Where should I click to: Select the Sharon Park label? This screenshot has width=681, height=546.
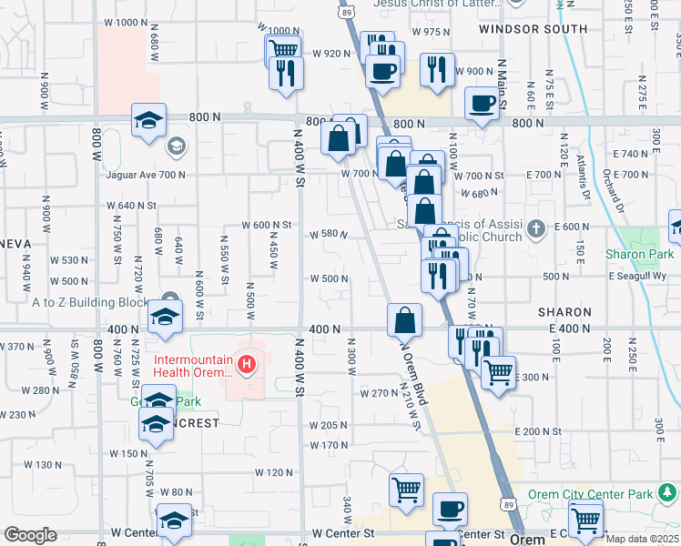tap(640, 254)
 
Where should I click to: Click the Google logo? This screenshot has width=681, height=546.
tap(30, 535)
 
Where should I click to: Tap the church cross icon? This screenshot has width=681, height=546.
tap(537, 227)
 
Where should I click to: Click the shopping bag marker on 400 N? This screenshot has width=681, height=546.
tap(404, 320)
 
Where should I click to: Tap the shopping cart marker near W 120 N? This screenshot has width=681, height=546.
tap(406, 490)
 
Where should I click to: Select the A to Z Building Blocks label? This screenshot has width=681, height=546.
tap(89, 302)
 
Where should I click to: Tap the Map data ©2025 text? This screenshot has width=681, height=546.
tap(643, 539)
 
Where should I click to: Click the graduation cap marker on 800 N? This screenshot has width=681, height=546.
tap(149, 119)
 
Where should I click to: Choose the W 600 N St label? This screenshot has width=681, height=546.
tap(266, 225)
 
